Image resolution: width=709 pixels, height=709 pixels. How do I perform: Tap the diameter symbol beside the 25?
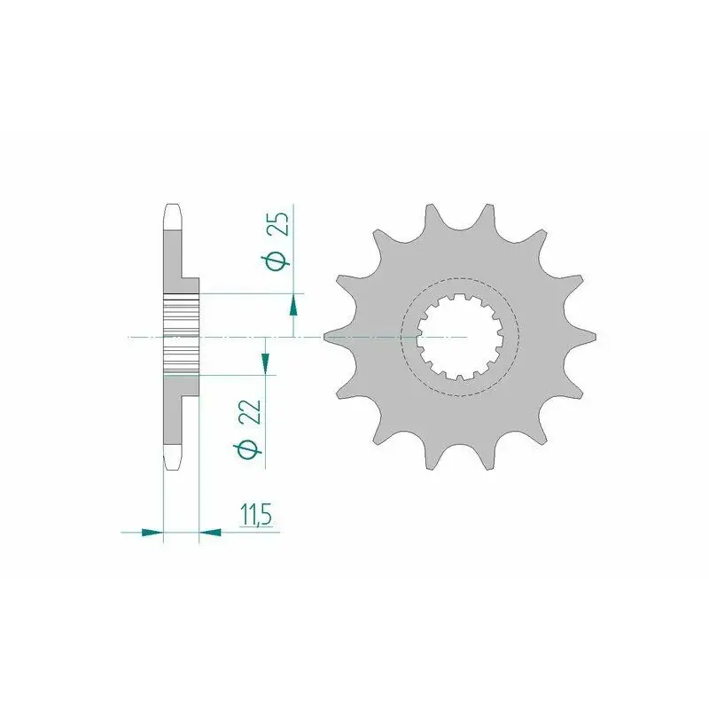pos(278,261)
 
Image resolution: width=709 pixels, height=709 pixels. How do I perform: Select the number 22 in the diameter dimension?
pos(253,412)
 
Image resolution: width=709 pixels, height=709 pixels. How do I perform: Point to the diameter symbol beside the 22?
pos(248,450)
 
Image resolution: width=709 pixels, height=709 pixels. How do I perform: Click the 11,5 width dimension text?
pos(256,516)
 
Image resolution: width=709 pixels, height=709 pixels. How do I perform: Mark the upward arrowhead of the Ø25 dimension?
pos(293,304)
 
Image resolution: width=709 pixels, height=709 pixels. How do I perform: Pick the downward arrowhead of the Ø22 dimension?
pos(265,363)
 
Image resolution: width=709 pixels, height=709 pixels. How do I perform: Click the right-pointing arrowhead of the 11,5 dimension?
pos(152,533)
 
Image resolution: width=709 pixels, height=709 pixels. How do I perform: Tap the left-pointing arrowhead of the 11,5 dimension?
pos(210,533)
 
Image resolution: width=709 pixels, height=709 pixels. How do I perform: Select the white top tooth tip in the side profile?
pos(173,217)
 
